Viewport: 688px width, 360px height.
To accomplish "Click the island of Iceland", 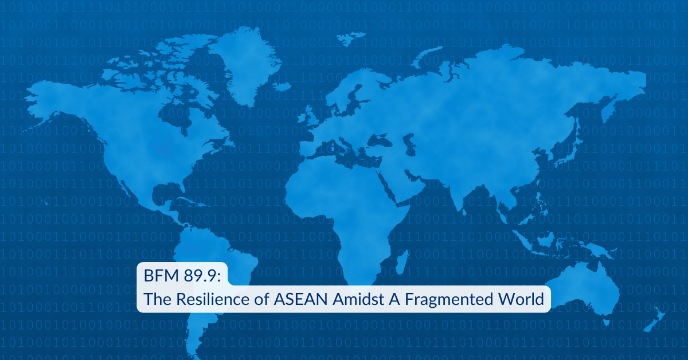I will point(283,87).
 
